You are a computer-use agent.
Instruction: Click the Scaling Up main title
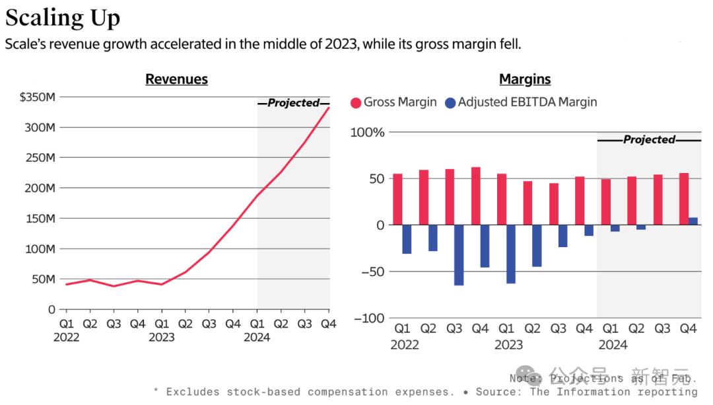pyautogui.click(x=63, y=18)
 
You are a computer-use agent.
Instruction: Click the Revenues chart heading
pyautogui.click(x=176, y=79)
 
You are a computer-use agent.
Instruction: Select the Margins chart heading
pyautogui.click(x=525, y=79)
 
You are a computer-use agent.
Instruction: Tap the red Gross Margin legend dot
pyautogui.click(x=356, y=102)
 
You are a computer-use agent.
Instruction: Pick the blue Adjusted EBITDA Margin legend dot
pyautogui.click(x=450, y=102)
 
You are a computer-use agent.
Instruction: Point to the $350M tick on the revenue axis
pyautogui.click(x=38, y=97)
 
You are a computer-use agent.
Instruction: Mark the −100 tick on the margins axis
pyautogui.click(x=368, y=318)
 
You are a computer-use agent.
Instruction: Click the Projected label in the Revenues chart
pyautogui.click(x=293, y=103)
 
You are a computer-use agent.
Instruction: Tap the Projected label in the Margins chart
pyautogui.click(x=649, y=139)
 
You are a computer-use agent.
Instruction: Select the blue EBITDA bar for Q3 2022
pyautogui.click(x=459, y=255)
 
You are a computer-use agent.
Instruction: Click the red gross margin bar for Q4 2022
pyautogui.click(x=476, y=196)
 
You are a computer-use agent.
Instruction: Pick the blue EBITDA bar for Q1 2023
pyautogui.click(x=511, y=254)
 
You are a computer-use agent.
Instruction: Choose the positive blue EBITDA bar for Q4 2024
pyautogui.click(x=693, y=221)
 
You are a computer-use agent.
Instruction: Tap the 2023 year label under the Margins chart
pyautogui.click(x=508, y=344)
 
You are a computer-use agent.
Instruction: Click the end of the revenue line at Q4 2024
pyautogui.click(x=329, y=107)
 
